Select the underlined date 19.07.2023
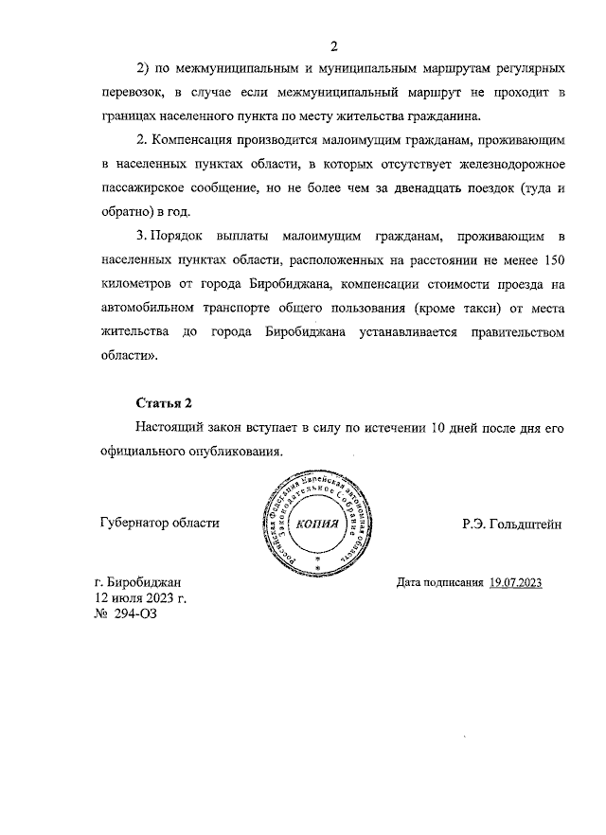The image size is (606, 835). pos(516,582)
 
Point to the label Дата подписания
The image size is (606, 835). pos(440,582)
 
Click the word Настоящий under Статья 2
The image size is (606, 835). pos(175,428)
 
